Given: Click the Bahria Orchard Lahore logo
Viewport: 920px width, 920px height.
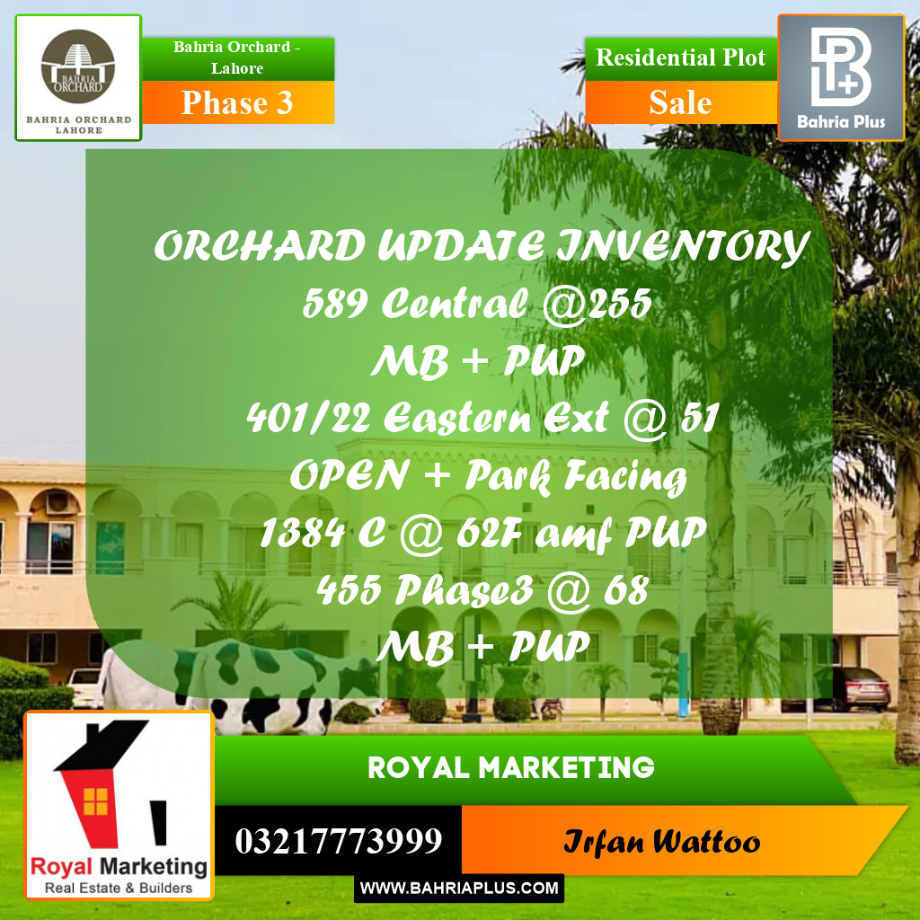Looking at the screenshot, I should tap(78, 77).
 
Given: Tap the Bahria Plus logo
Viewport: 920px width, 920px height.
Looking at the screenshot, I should tap(840, 77).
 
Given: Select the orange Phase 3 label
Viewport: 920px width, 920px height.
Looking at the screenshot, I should tap(238, 102).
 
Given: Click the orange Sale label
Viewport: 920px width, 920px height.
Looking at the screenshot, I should tap(680, 102).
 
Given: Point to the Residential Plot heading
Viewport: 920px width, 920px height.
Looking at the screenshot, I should tap(680, 57).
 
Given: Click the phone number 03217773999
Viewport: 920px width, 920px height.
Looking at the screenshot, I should tap(339, 842).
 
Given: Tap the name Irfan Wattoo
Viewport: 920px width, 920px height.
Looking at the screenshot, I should tap(661, 843).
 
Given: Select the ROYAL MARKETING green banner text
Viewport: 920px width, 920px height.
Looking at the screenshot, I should tap(510, 767).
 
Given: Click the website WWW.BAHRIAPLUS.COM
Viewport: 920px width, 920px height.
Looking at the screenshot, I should tap(459, 889).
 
